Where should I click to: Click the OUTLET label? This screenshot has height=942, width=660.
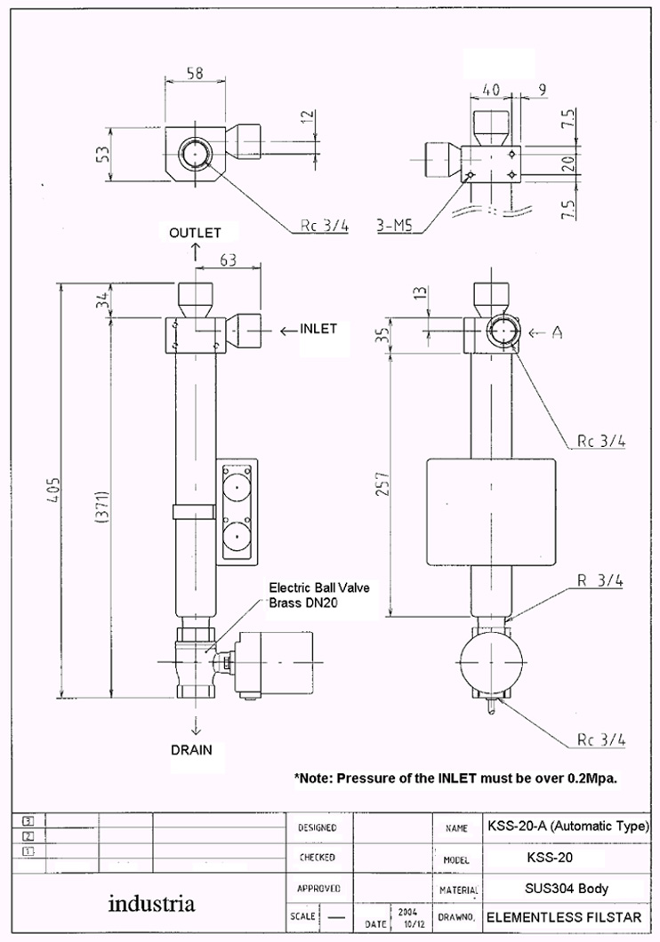pos(195,232)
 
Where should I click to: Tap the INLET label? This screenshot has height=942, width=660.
pos(318,329)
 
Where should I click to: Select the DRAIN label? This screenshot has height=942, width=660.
pos(191,749)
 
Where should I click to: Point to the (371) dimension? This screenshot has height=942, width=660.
pos(101,509)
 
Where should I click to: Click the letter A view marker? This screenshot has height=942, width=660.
pos(557,332)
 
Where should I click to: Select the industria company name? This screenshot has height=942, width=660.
pos(151,905)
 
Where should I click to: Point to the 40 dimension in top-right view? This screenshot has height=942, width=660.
pos(489,91)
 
